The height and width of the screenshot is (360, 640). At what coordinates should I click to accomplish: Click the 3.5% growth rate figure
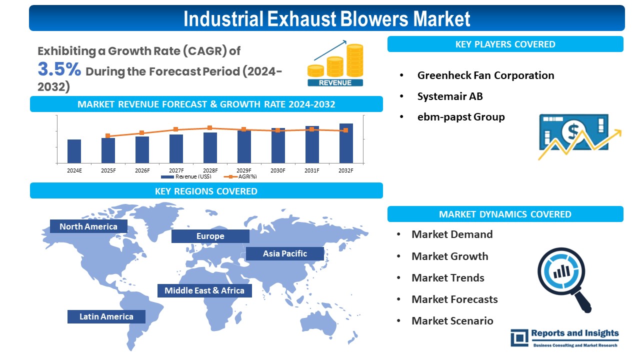[x=59, y=69]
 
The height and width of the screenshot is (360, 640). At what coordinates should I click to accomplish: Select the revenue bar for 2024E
[x=74, y=151]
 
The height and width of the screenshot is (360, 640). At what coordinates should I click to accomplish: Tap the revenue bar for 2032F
[x=346, y=143]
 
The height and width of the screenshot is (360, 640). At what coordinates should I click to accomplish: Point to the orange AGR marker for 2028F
[x=209, y=127]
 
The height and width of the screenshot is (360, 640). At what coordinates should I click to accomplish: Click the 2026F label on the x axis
[x=142, y=170]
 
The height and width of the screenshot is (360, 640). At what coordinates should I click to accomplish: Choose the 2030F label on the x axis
[x=277, y=170]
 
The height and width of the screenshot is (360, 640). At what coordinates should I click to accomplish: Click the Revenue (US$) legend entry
[x=186, y=176]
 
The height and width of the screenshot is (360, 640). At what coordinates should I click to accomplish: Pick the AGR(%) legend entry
[x=240, y=176]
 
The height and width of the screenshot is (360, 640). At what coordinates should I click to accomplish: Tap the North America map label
[x=88, y=226]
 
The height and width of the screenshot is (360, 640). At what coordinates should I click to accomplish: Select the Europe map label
[x=210, y=236]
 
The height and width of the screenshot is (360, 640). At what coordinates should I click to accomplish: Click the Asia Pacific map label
[x=285, y=253]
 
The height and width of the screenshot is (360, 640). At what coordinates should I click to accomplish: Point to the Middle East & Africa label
[x=204, y=290]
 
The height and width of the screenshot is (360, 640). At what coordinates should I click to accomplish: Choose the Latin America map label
[x=106, y=316]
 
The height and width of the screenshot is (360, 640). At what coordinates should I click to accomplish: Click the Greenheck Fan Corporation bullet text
[x=485, y=75]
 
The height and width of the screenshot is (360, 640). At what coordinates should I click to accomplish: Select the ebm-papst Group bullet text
[x=461, y=117]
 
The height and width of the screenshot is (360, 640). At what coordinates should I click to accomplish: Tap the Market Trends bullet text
[x=448, y=277]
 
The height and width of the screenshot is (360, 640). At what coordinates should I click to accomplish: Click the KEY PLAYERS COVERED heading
[x=505, y=44]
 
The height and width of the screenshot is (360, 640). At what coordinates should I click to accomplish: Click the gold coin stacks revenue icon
[x=335, y=63]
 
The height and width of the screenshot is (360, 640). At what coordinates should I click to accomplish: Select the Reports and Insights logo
[x=565, y=338]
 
